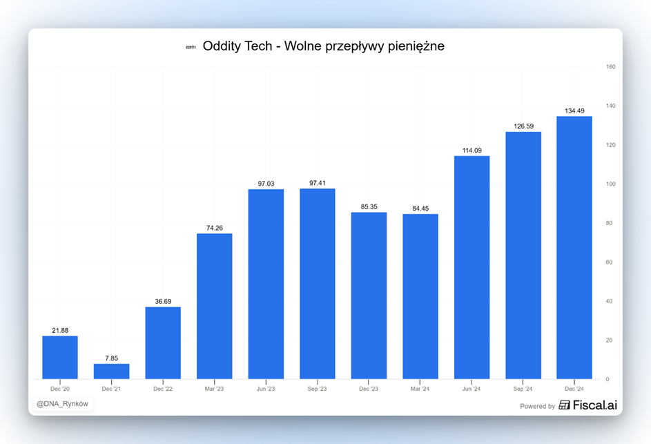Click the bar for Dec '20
(60, 357)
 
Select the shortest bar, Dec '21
(111, 371)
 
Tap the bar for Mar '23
(214, 306)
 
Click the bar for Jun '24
(472, 267)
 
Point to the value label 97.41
(317, 183)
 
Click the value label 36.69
(163, 302)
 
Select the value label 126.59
(523, 126)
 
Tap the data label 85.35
(369, 206)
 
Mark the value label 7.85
(111, 358)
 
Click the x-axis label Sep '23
(317, 389)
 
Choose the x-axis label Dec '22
(163, 389)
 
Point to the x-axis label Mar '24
(420, 389)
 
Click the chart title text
(323, 46)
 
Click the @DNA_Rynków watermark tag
(62, 404)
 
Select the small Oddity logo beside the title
(191, 47)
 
